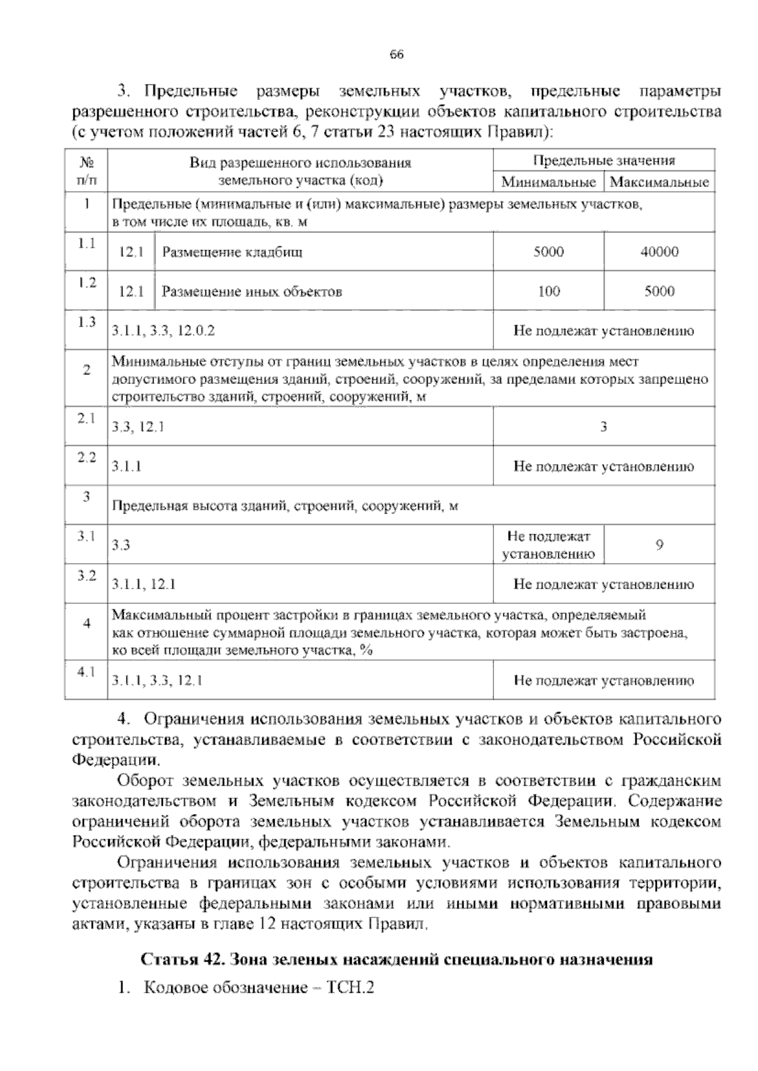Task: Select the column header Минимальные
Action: [x=548, y=182]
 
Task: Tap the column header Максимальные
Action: [x=659, y=182]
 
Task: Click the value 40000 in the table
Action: [x=659, y=252]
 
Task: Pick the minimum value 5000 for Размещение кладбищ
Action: [x=548, y=252]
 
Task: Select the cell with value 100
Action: [x=548, y=291]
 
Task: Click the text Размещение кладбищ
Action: [x=232, y=253]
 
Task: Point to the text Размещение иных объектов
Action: [x=252, y=292]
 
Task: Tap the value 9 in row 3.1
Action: [x=659, y=544]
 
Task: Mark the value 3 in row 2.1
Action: [x=604, y=427]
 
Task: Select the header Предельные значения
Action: [x=604, y=160]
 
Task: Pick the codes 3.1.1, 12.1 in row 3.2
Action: [x=144, y=585]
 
